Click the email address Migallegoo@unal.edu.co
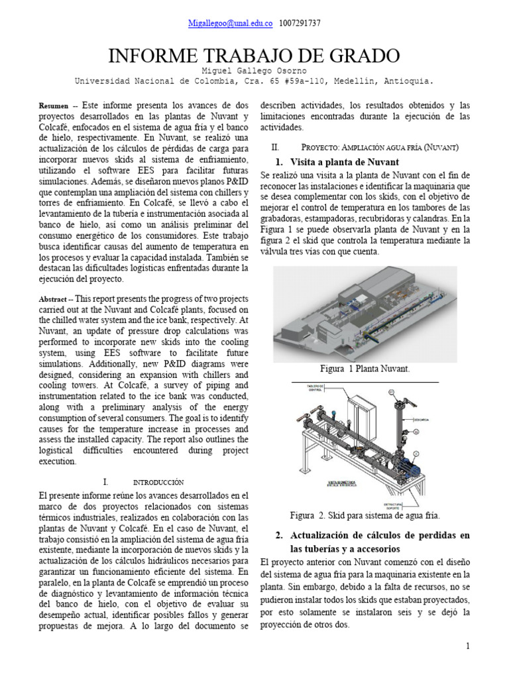click(230, 23)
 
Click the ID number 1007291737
click(301, 23)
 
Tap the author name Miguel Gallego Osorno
click(254, 71)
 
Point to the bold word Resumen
click(54, 106)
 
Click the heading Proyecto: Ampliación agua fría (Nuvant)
click(380, 147)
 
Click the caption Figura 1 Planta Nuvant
click(365, 369)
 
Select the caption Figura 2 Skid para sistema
click(365, 515)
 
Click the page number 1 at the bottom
click(467, 646)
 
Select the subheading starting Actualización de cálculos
click(376, 535)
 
